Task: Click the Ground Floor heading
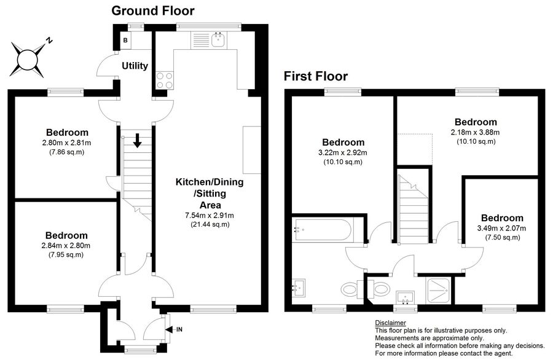153,11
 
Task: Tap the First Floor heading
316,76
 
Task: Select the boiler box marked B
125,41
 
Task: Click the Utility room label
135,66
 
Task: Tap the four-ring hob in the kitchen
164,80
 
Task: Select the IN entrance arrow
170,330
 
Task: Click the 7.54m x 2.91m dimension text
210,215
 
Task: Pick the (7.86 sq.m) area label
66,152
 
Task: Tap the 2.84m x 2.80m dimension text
66,245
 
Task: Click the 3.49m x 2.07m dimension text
501,228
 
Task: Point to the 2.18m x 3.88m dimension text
475,132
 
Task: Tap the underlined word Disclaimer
390,323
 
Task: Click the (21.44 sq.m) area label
210,224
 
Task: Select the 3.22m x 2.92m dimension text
342,153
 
